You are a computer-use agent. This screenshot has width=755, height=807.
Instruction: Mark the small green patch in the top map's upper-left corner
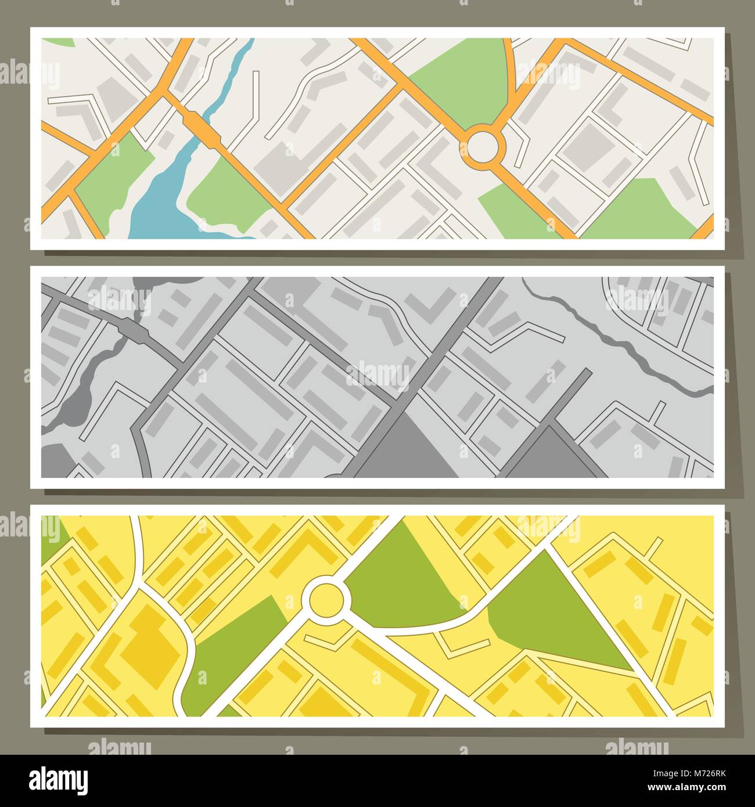pyautogui.click(x=58, y=42)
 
